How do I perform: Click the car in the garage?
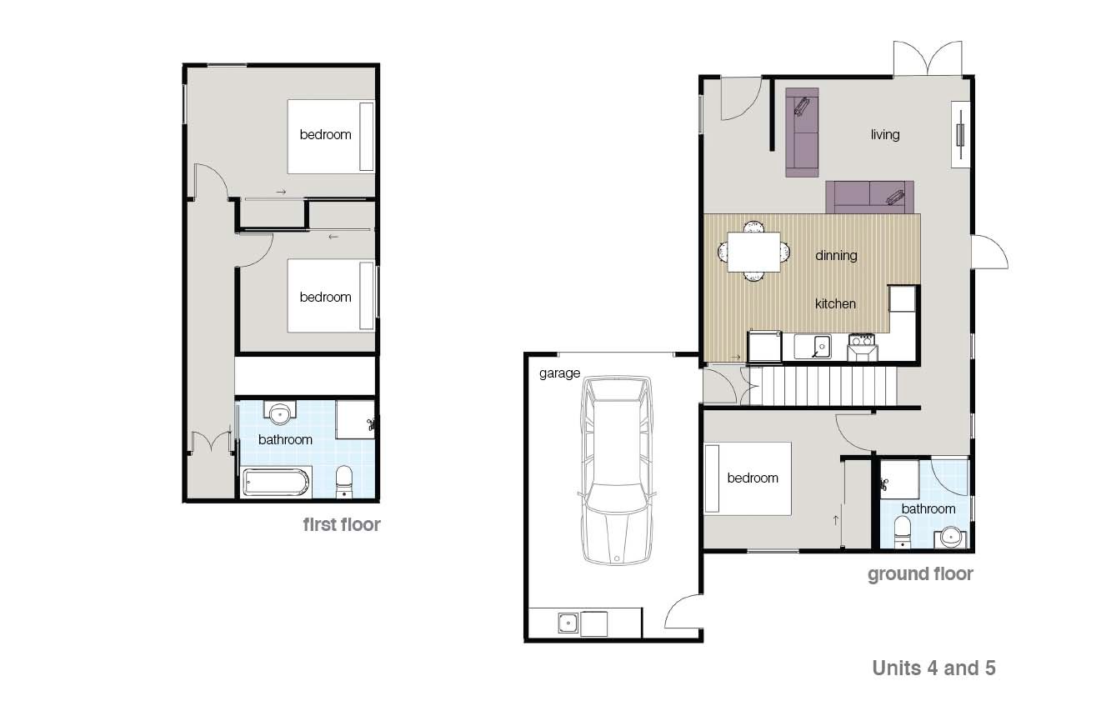(x=618, y=470)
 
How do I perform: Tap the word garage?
(x=559, y=373)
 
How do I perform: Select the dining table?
(x=753, y=252)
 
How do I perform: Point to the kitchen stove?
(x=862, y=347)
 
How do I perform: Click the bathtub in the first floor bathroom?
(x=277, y=483)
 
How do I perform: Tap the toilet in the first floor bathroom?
(x=344, y=483)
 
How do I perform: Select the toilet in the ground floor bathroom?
(x=903, y=533)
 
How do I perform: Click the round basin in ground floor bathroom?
(x=950, y=538)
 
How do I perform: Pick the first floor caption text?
(x=342, y=525)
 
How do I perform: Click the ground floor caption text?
(x=920, y=574)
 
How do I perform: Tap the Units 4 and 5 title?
(x=933, y=668)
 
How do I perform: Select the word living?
(x=885, y=135)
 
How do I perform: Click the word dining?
(x=836, y=256)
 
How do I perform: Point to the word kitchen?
(x=835, y=303)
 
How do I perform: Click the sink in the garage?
(x=568, y=623)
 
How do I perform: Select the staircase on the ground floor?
(x=823, y=386)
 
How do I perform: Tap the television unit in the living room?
(x=960, y=135)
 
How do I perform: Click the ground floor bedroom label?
(x=753, y=478)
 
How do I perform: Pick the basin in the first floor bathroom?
(x=280, y=413)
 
